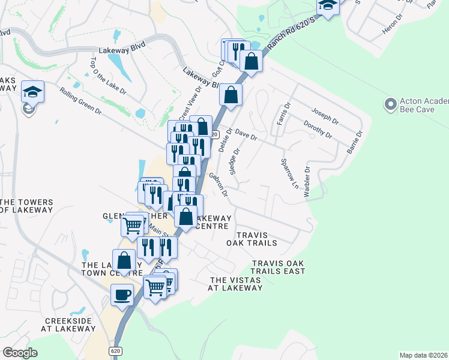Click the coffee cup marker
(x=123, y=295)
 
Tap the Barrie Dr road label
(x=355, y=142)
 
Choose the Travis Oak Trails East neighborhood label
(x=279, y=268)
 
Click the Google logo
(x=20, y=352)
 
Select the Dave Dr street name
(x=246, y=134)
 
